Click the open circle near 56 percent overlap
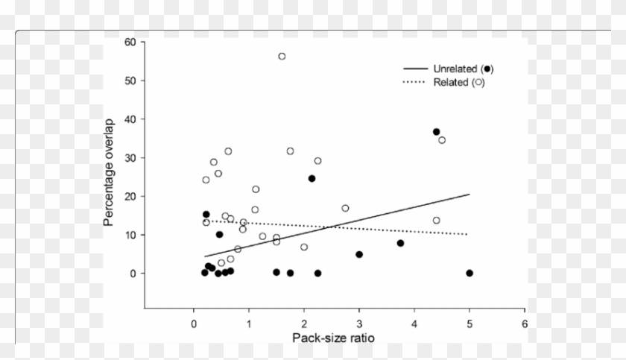click(x=282, y=57)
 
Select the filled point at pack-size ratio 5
click(x=469, y=274)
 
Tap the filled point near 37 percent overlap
click(x=437, y=132)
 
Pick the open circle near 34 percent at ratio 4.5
click(x=442, y=140)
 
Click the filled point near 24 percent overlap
click(x=312, y=179)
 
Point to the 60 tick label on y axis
click(x=130, y=42)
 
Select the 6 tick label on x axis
click(x=525, y=324)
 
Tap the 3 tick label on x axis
click(x=359, y=324)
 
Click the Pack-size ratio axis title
click(x=332, y=338)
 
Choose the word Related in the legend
click(x=450, y=82)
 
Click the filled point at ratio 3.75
click(x=400, y=243)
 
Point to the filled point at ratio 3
click(x=359, y=255)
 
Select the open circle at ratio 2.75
click(x=345, y=209)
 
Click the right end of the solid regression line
click(x=469, y=195)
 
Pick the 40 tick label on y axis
click(x=130, y=119)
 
